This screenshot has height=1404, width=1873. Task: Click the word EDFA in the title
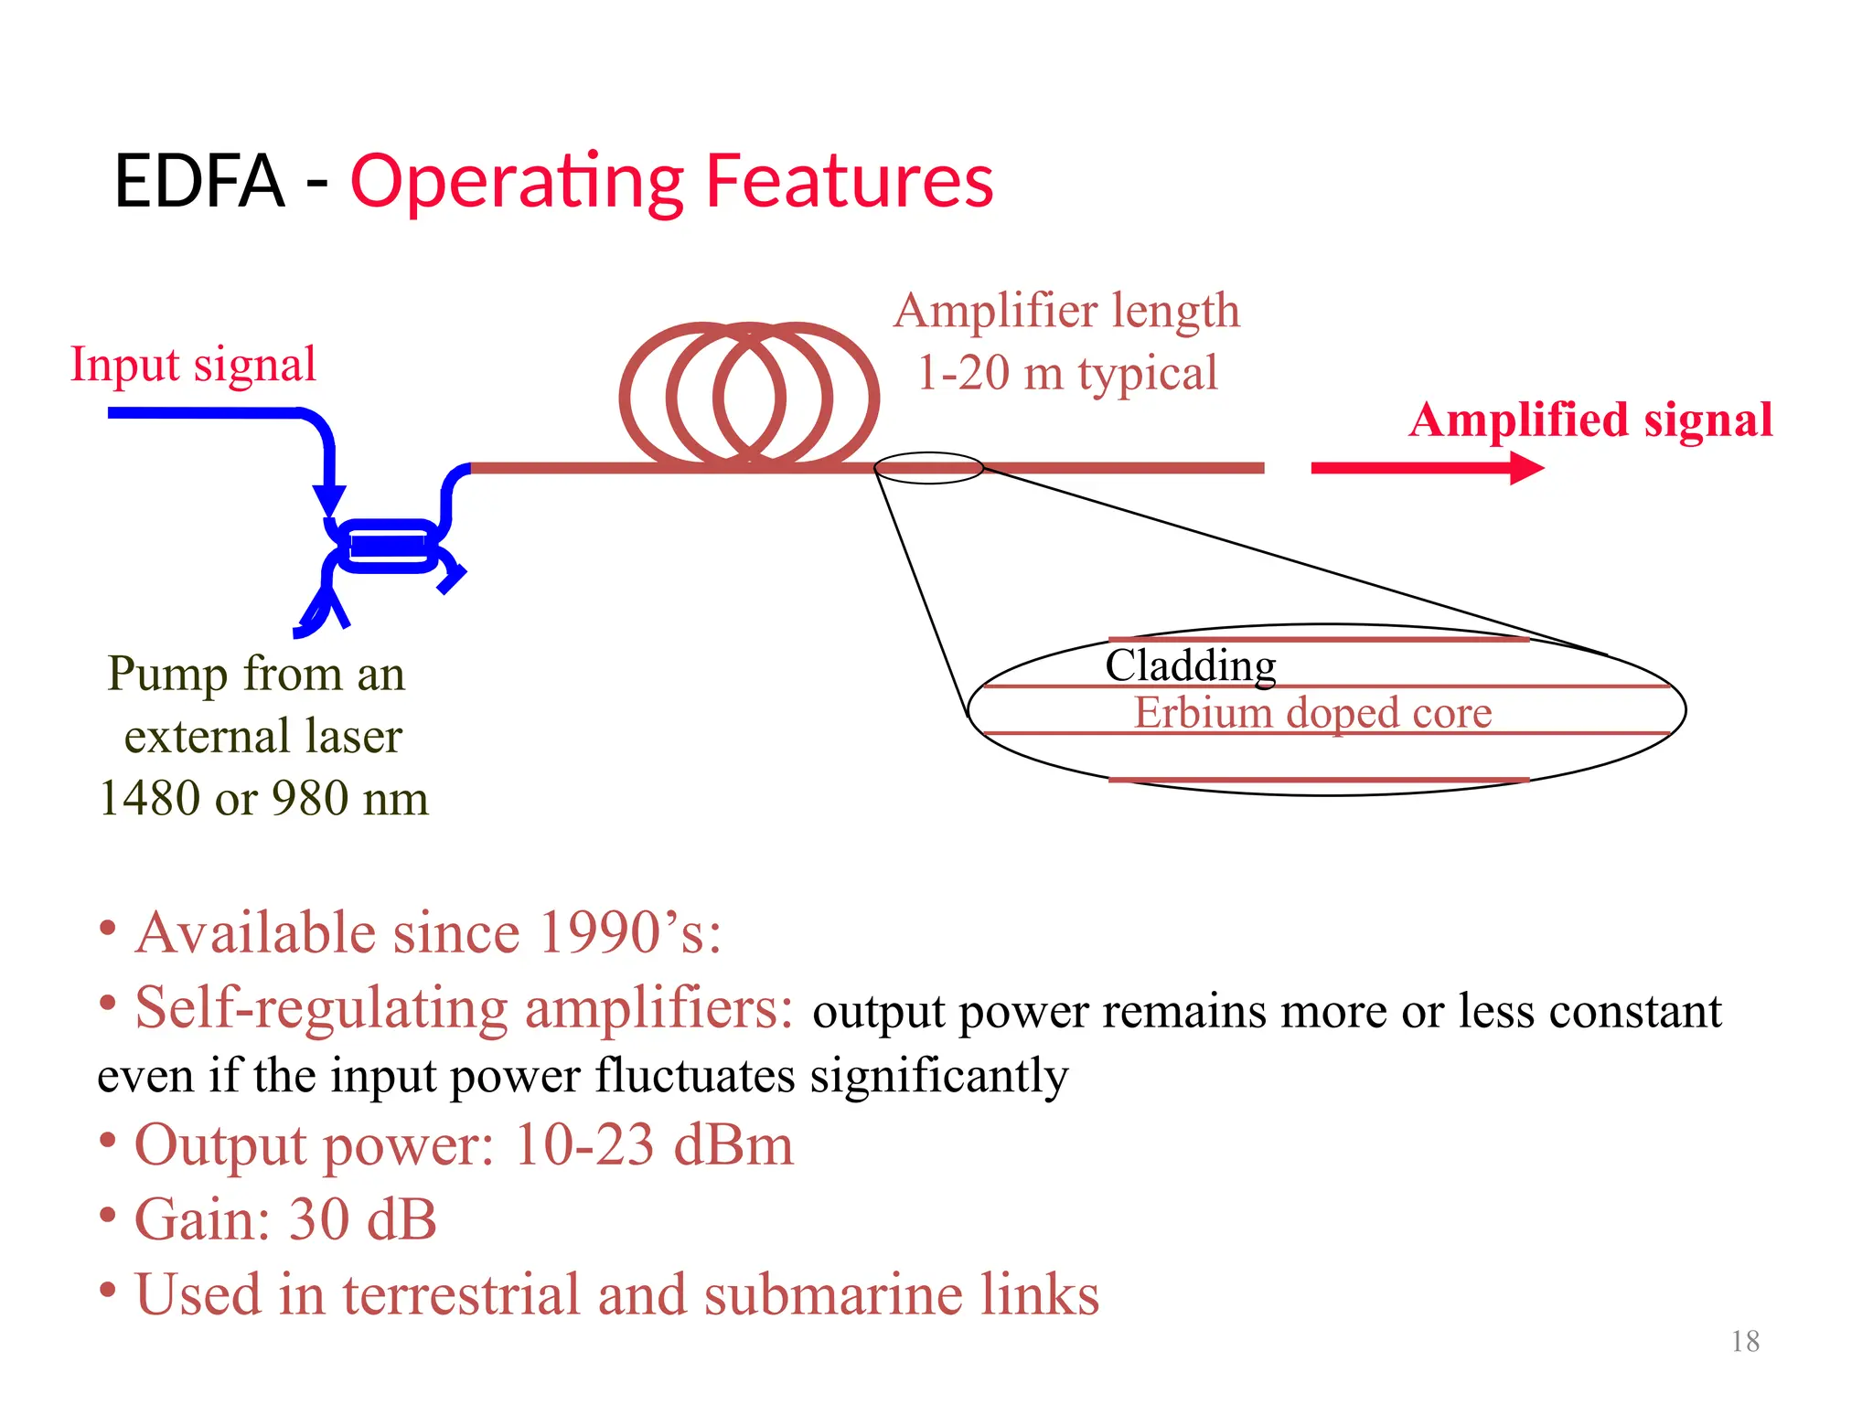tap(198, 181)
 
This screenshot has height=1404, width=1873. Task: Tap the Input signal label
tap(193, 365)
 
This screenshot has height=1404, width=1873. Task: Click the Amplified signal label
tap(1590, 420)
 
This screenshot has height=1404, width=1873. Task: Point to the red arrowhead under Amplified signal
tap(1525, 468)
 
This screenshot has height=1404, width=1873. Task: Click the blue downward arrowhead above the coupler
tap(329, 500)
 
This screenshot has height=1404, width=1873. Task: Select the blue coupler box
tap(388, 546)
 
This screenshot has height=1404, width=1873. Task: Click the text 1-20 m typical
tap(1066, 373)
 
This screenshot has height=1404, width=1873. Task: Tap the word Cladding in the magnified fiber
tap(1190, 665)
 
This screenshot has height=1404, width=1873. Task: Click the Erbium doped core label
tap(1312, 713)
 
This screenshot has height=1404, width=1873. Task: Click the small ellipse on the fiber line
tap(928, 468)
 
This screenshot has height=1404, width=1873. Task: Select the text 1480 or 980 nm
tap(263, 798)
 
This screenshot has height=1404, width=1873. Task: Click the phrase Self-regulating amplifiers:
tap(465, 1008)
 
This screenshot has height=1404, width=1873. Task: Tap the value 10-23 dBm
tap(654, 1144)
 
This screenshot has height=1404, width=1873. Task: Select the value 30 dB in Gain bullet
tap(362, 1219)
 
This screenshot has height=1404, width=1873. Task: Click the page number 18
tap(1745, 1341)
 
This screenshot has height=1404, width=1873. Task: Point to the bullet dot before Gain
tap(108, 1216)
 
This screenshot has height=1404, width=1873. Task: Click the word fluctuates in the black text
tap(694, 1075)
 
